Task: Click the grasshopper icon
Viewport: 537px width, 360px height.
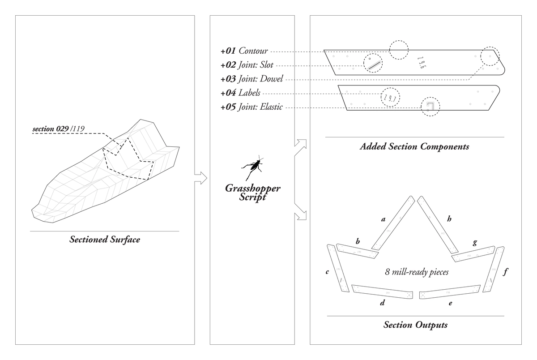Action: [253, 168]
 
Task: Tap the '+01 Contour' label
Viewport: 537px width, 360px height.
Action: [244, 51]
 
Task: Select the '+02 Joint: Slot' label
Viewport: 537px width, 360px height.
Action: [247, 65]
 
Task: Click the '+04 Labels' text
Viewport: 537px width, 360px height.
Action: [240, 93]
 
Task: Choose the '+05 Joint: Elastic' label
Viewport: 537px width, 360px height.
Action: [251, 107]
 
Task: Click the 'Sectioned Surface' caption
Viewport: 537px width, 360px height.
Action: [105, 240]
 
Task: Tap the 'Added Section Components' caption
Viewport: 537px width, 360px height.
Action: [414, 146]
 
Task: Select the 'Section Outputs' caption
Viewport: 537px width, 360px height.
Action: [415, 325]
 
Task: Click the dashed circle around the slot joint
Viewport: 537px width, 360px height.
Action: [373, 64]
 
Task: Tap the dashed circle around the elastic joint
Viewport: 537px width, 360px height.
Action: [430, 107]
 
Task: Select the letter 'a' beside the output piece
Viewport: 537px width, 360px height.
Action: [383, 219]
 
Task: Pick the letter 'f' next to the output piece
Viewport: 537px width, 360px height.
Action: [505, 271]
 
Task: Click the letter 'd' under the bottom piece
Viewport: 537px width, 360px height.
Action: [382, 303]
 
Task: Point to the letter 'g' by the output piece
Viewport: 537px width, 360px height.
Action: [475, 242]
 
